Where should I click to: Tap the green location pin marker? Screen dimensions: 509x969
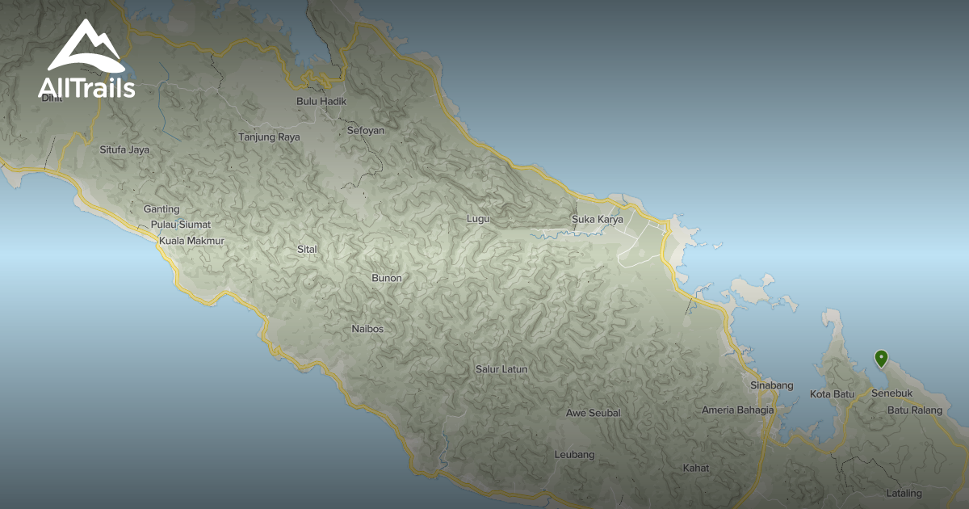[x=881, y=358]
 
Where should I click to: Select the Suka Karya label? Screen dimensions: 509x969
[x=597, y=219]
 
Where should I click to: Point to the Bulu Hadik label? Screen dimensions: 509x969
[x=321, y=101]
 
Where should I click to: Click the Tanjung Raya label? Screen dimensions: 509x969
[x=269, y=137]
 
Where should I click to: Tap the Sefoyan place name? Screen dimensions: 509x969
[x=365, y=130]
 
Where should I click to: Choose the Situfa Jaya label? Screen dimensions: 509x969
[x=124, y=149]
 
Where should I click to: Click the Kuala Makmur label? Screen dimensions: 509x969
[x=191, y=241]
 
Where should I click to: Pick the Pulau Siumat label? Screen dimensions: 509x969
[x=180, y=225]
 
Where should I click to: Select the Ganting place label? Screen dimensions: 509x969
[x=161, y=209]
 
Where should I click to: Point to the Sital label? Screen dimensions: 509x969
[x=307, y=249]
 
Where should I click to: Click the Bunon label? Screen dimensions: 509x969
[x=386, y=278]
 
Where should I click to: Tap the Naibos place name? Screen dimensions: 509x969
[x=367, y=329]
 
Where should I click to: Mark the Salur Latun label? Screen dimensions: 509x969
[x=501, y=369]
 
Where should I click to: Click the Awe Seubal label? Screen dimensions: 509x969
[x=593, y=413]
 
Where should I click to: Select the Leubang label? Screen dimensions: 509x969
[x=574, y=454]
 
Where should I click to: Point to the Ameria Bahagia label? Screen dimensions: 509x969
[x=737, y=410]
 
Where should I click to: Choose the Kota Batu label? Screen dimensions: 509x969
[x=832, y=394]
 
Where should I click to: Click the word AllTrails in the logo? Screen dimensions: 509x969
[x=86, y=88]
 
